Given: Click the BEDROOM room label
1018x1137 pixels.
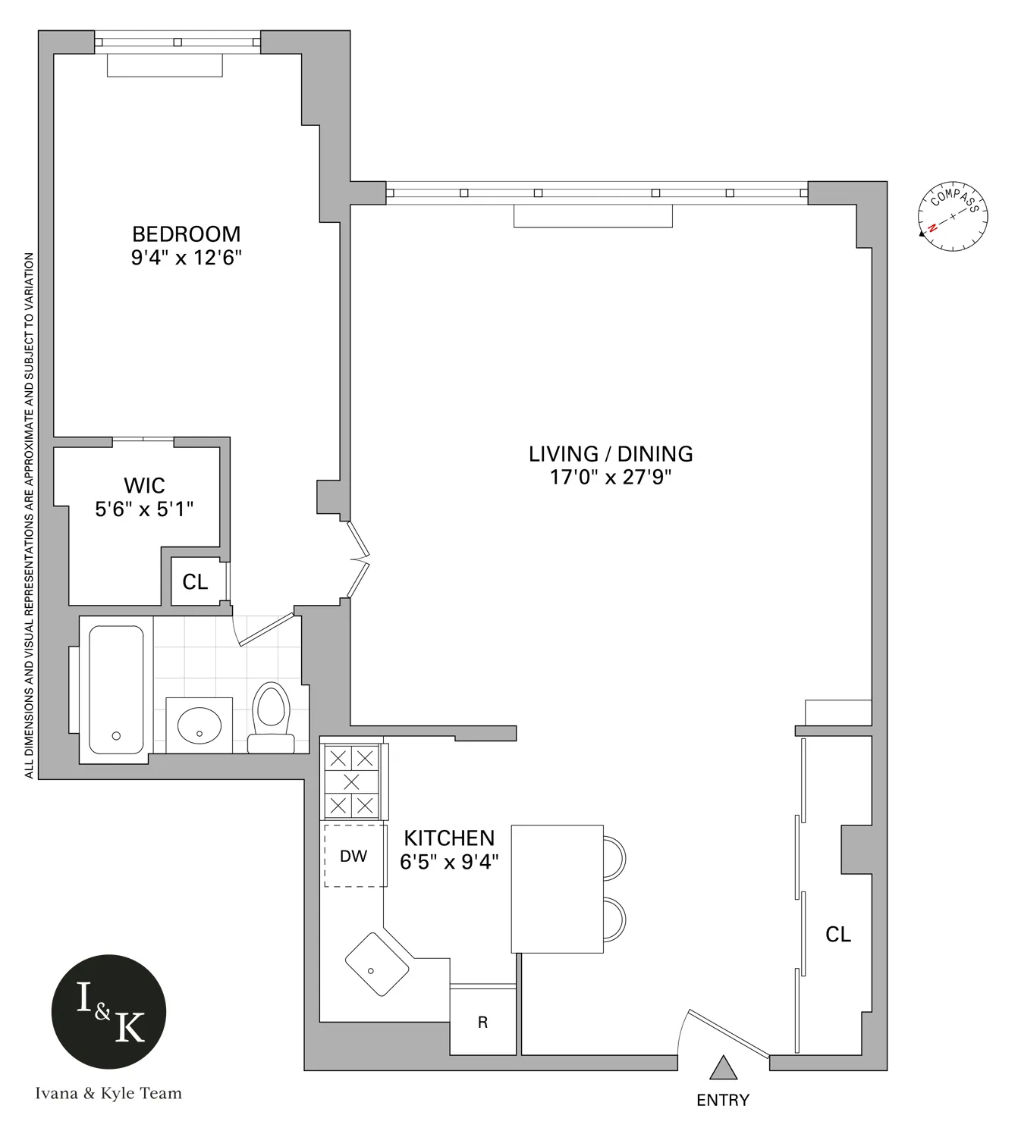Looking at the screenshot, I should pos(186,234).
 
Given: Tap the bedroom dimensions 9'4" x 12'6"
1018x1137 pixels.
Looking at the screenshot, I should pos(186,258).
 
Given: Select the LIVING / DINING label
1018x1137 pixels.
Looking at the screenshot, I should pos(611,454).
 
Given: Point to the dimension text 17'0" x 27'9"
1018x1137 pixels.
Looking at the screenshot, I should pos(611,478).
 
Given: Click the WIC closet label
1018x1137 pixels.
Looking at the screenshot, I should pos(144,485).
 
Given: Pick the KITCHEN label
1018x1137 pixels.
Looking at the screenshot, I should pos(449,838).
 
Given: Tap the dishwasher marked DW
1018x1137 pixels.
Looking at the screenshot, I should pos(353,856).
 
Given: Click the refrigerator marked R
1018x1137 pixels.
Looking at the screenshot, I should pos(482,1023).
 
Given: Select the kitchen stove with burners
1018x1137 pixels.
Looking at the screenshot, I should pos(351,781).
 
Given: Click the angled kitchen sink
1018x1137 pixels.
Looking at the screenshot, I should pos(376,964).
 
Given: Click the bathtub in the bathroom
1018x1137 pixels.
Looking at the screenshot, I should pos(116,689).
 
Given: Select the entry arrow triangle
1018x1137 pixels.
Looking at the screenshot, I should pos(723,1068).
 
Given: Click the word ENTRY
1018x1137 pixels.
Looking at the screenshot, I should pos(723,1100).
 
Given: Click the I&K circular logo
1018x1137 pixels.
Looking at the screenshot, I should pos(108,1011).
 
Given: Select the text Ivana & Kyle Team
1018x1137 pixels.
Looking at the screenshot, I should pos(108,1093).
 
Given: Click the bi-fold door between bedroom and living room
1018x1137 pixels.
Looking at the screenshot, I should pos(358,561).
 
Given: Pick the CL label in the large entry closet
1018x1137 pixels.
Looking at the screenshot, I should pos(838,935).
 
